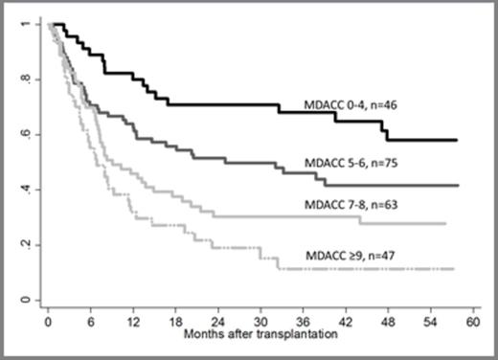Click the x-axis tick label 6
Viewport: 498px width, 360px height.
pos(89,323)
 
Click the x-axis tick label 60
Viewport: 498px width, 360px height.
pos(471,323)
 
